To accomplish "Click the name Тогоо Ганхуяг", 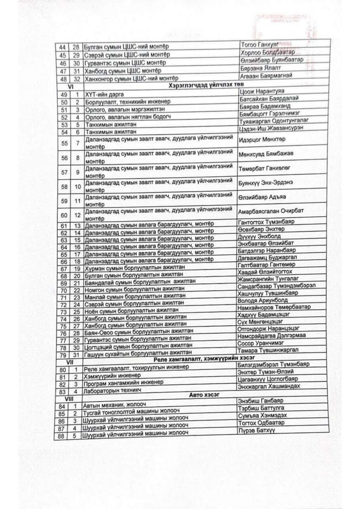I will point(260,45).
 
